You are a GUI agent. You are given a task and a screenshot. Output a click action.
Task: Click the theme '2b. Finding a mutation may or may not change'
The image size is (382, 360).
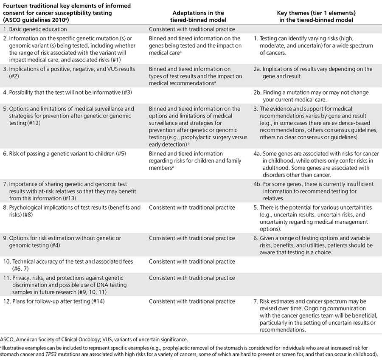click(314, 92)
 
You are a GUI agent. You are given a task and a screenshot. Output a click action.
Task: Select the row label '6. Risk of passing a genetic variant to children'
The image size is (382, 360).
click(68, 154)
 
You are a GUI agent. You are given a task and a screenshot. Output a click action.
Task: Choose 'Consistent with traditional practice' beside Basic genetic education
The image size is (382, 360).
click(192, 29)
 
